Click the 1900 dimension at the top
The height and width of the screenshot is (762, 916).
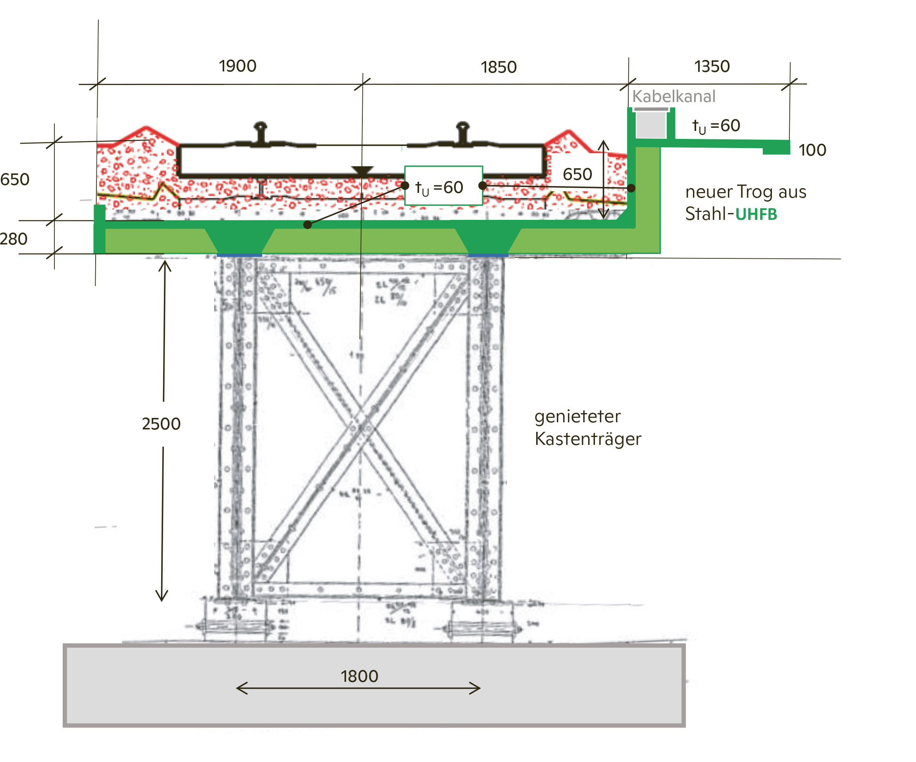tap(237, 66)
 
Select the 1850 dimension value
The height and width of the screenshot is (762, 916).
tap(498, 67)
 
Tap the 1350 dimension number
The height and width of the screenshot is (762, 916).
tap(712, 67)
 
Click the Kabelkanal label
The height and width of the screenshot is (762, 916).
tap(674, 96)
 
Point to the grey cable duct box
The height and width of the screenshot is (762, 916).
tap(651, 125)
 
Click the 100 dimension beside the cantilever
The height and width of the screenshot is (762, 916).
tap(812, 150)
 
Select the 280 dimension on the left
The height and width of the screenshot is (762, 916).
tap(13, 239)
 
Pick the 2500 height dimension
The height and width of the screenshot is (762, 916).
tap(161, 424)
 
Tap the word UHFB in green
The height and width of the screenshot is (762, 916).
tap(756, 215)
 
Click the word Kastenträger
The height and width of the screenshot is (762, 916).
tap(587, 439)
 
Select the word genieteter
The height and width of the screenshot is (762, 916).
tap(577, 417)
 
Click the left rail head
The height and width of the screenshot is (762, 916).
tap(260, 127)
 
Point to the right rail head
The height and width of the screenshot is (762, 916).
tap(462, 127)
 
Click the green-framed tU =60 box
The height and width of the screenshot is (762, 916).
tap(443, 186)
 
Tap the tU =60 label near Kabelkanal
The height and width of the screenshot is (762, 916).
tap(716, 126)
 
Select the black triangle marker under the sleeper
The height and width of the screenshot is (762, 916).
tap(362, 171)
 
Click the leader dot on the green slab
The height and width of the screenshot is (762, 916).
tap(308, 225)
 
